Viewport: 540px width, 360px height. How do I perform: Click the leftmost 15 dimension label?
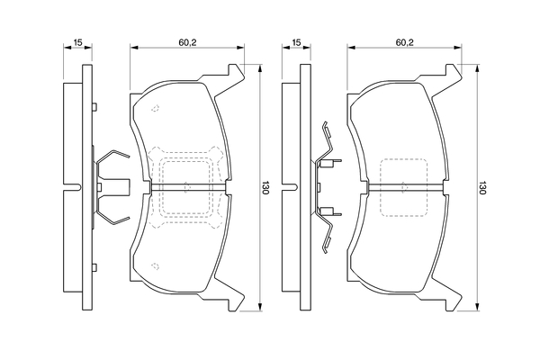(x=78, y=42)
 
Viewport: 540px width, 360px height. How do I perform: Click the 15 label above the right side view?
(x=295, y=42)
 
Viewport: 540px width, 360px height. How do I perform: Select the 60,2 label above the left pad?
(x=187, y=42)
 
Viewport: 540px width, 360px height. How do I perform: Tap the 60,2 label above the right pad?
(x=404, y=42)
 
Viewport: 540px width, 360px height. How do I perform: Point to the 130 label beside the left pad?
(x=265, y=188)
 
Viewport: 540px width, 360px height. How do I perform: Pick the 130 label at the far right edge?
(x=483, y=188)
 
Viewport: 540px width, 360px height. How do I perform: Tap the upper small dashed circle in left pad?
(x=155, y=109)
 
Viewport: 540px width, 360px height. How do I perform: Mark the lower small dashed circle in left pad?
(x=155, y=265)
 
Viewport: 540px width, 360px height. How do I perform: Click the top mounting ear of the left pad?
(x=236, y=73)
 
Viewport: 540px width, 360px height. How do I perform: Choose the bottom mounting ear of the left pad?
(x=236, y=301)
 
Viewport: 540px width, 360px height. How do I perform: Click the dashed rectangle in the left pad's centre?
(x=187, y=187)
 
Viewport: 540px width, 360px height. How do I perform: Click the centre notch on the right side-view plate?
(x=289, y=187)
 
